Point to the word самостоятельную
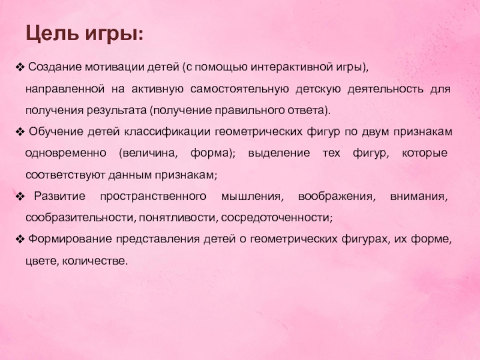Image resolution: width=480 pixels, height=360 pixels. pos(238,89)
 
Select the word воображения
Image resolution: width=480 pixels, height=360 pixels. pos(339,196)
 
